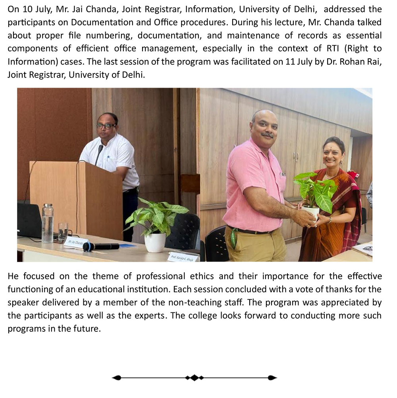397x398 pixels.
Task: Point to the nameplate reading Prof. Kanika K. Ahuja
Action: [x=183, y=257]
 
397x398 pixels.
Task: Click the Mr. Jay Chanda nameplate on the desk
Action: [x=76, y=241]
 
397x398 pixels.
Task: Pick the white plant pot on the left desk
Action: [x=155, y=242]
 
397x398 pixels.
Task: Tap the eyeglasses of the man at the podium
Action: [x=106, y=126]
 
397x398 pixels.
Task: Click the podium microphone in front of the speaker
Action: [x=99, y=155]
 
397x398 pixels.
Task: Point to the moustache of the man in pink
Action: [x=268, y=135]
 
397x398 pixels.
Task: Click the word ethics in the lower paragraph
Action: [x=199, y=276]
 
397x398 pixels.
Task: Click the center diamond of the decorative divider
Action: [x=194, y=378]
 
